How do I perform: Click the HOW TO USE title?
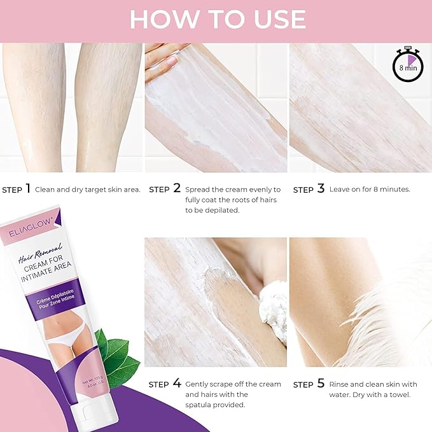coord(216,19)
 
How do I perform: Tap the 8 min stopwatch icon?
coord(407,66)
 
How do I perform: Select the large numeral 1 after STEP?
coord(28,188)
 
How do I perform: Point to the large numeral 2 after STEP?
coord(177,188)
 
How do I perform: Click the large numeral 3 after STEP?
coord(321,188)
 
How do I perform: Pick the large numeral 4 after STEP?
coord(177,383)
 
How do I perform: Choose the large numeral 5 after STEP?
coord(321,383)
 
